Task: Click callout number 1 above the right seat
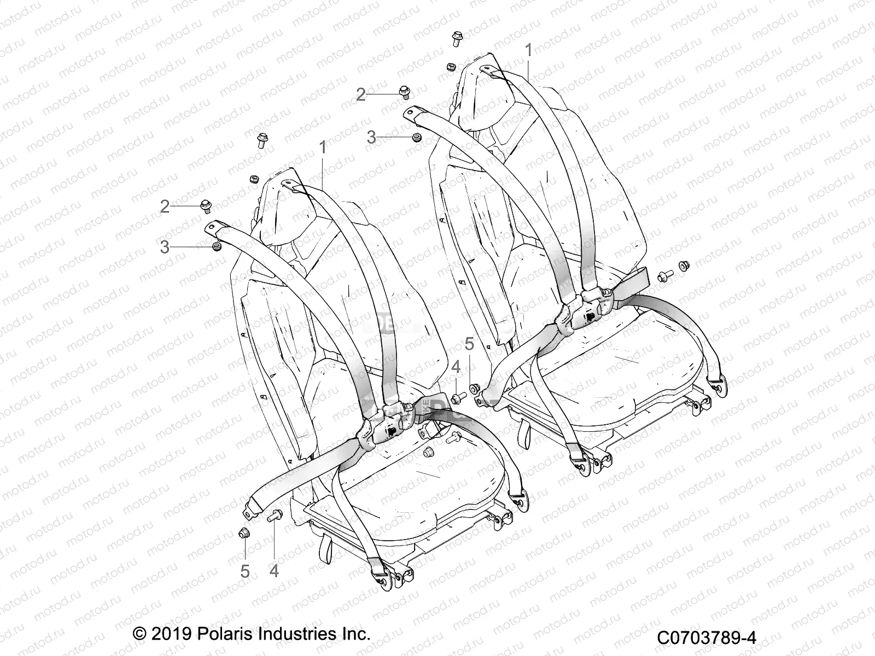(x=528, y=50)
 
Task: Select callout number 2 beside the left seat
(x=165, y=207)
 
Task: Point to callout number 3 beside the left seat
(x=165, y=247)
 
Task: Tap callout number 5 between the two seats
(x=469, y=344)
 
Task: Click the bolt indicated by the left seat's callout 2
(x=206, y=206)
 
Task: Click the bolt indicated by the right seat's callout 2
(x=405, y=92)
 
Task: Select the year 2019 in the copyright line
(x=168, y=634)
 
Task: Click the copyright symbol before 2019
(x=140, y=634)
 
